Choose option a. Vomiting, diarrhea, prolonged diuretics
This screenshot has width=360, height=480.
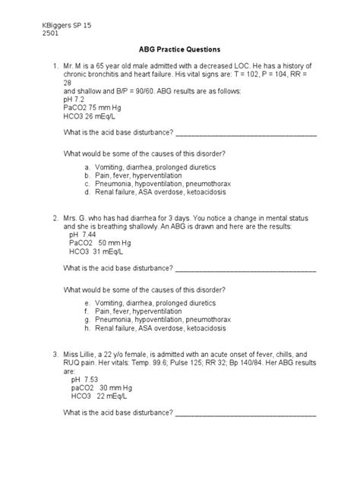tap(150, 166)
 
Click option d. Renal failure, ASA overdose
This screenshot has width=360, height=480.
tap(160, 193)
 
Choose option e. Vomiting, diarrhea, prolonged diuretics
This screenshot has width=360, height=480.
tap(150, 302)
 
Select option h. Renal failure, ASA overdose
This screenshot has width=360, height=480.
tap(160, 329)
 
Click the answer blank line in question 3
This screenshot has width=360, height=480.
tap(246, 415)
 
